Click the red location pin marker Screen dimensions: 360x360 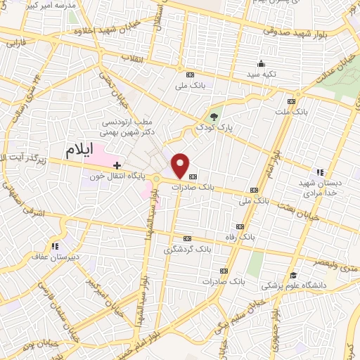(x=181, y=165)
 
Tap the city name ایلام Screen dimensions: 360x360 (x=79, y=149)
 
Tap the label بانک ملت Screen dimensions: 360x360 (x=292, y=111)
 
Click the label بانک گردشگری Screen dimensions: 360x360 (x=187, y=250)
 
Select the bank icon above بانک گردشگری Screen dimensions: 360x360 (x=187, y=238)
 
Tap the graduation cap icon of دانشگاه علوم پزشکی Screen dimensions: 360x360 (x=292, y=274)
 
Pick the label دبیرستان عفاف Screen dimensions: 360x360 (x=53, y=257)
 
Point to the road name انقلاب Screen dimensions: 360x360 (x=131, y=58)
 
